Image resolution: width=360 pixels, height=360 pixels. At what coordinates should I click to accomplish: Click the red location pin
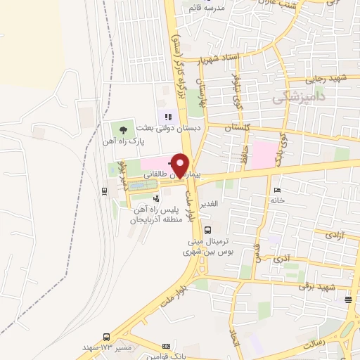point(181,165)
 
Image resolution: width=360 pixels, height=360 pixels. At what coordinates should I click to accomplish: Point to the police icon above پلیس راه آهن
point(146,198)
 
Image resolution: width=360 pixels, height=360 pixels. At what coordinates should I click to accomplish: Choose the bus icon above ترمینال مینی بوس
point(207,230)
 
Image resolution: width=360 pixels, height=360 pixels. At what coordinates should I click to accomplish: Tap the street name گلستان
point(237,129)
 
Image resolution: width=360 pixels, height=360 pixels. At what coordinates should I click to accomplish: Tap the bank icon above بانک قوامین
point(166,347)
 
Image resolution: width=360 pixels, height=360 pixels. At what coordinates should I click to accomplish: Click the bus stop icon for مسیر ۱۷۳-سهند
point(106,337)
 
